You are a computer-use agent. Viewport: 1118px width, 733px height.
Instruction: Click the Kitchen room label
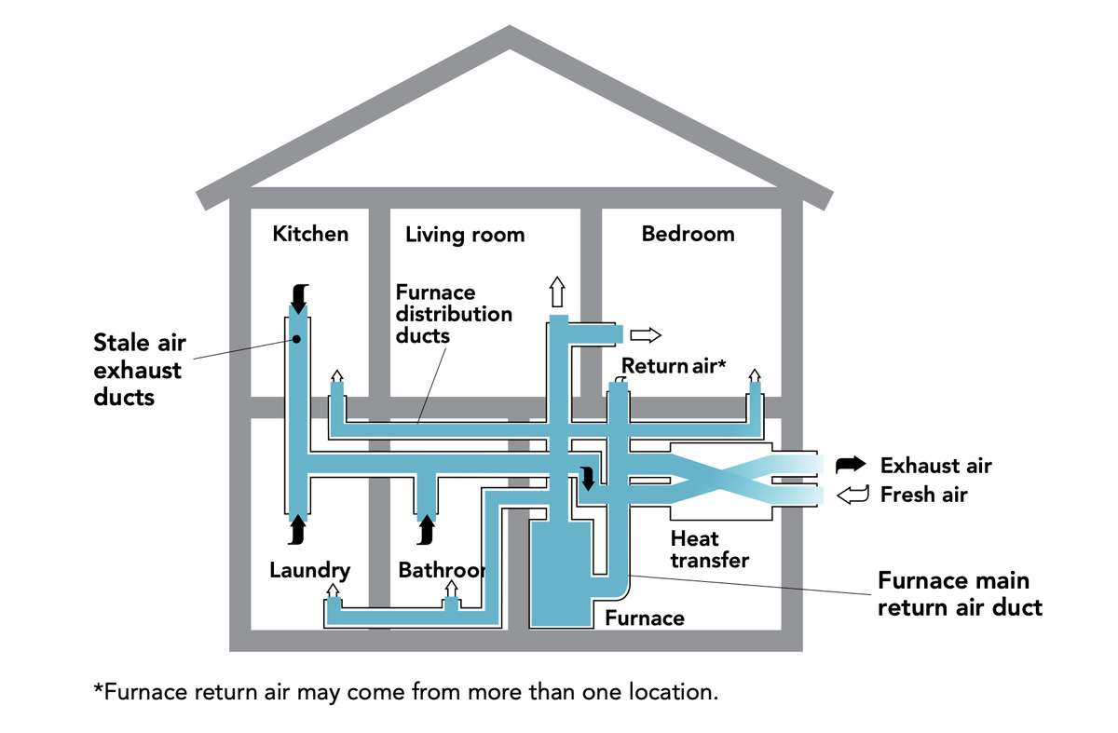click(310, 233)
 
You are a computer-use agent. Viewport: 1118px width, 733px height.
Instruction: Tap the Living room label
click(465, 234)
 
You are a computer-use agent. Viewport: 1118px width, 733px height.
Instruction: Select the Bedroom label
click(688, 233)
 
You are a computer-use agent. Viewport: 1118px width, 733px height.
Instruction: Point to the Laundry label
click(309, 569)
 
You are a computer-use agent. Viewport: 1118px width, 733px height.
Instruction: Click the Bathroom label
click(441, 569)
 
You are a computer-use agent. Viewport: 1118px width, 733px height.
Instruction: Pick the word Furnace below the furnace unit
click(644, 618)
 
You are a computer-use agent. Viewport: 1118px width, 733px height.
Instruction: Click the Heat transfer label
click(709, 549)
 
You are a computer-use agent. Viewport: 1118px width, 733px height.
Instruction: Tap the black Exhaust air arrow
click(850, 464)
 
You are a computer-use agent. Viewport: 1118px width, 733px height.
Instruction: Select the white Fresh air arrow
click(852, 495)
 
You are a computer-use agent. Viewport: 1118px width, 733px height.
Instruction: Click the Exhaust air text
click(935, 465)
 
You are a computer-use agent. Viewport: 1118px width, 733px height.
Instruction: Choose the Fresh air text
click(923, 495)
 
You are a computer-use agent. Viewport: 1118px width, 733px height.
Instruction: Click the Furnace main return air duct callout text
click(959, 593)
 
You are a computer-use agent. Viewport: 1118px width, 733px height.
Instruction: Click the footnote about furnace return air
click(405, 692)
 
